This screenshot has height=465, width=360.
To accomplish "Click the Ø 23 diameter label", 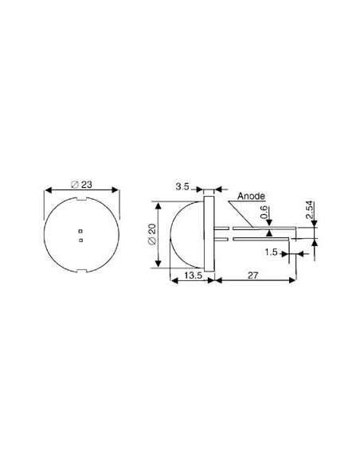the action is pyautogui.click(x=82, y=185).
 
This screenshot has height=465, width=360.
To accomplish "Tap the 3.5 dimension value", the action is pyautogui.click(x=182, y=186).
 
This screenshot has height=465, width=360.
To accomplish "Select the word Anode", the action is pyautogui.click(x=251, y=196).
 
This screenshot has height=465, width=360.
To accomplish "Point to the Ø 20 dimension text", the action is pyautogui.click(x=151, y=234).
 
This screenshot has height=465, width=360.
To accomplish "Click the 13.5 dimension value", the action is pyautogui.click(x=193, y=275).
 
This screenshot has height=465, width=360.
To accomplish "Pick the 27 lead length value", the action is pyautogui.click(x=252, y=275).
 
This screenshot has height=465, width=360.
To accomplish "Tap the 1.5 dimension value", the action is pyautogui.click(x=271, y=252).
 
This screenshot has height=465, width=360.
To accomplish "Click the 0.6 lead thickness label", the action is pyautogui.click(x=264, y=213).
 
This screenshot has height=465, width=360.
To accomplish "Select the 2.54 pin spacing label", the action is pyautogui.click(x=309, y=210).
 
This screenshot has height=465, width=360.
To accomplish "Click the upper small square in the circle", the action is pyautogui.click(x=80, y=231).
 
